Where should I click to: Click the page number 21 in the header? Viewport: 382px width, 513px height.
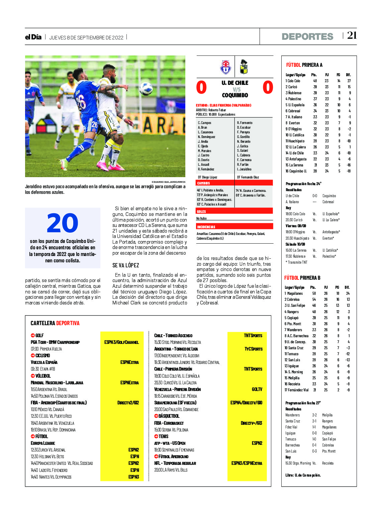pos(352,35)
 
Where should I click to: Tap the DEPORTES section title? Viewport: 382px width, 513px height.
pos(307,36)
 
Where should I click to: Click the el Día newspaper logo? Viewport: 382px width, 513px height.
pos(33,37)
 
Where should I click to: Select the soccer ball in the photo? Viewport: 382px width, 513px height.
pos(146,89)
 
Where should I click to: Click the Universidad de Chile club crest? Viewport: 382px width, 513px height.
pos(226,67)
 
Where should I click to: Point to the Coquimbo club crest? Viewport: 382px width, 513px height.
pos(244,67)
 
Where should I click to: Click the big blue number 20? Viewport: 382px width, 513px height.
pos(63,223)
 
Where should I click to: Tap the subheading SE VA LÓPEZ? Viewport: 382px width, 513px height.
pos(125,265)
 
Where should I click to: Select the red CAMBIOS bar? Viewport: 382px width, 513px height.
pos(234,183)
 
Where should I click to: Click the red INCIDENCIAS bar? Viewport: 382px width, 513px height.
pos(234,227)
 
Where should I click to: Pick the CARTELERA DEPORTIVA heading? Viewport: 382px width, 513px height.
pos(55,323)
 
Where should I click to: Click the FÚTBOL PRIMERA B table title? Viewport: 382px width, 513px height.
pos(302,278)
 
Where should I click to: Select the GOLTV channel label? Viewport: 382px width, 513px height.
pos(257,389)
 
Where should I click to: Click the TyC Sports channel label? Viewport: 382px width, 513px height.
pos(253,349)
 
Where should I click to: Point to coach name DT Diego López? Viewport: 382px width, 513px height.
pos(207,177)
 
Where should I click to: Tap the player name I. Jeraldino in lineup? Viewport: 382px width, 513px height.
pos(244,169)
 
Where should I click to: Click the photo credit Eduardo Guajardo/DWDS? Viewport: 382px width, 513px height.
pos(168,182)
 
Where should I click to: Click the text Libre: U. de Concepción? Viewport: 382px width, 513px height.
pos(303,475)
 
